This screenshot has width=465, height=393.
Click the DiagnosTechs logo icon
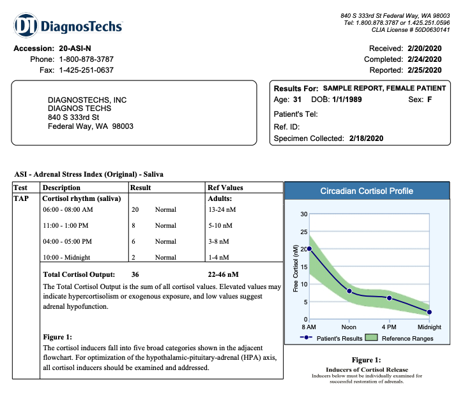pos(26,26)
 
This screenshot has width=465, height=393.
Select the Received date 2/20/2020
pos(423,48)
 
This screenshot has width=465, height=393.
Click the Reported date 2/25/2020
pos(423,70)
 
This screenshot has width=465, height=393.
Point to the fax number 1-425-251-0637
pos(86,70)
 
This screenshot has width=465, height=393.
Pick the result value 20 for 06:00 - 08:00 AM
pos(135,209)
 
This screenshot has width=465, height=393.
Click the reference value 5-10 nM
pos(220,225)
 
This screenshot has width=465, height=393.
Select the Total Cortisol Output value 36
pos(135,274)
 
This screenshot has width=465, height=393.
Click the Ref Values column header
pos(225,188)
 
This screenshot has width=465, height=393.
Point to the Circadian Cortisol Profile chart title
pos(367,191)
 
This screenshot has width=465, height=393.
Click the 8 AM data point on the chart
pos(309,249)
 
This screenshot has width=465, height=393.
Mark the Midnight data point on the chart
pos(429,312)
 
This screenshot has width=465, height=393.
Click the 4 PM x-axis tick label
pos(389,327)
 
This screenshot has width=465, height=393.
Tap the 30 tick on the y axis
pos(303,214)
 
